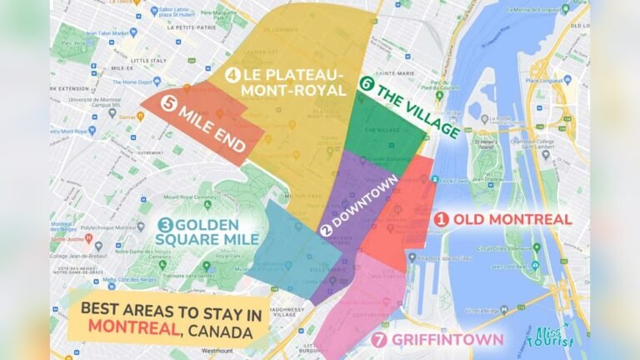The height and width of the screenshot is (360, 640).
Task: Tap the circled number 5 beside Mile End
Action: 170,105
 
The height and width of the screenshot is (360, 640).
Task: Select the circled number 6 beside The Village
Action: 366,83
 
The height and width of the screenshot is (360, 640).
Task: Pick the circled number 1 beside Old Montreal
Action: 442,219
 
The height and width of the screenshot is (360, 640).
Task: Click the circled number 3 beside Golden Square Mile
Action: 165,225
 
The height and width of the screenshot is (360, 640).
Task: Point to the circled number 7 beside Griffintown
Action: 380,339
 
